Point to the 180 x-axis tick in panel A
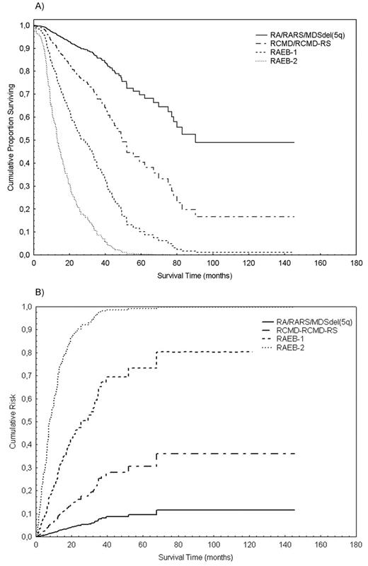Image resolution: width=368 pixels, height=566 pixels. [357, 263]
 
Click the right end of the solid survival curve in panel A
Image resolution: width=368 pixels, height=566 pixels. [293, 142]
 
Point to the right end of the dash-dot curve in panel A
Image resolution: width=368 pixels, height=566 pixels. [293, 216]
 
